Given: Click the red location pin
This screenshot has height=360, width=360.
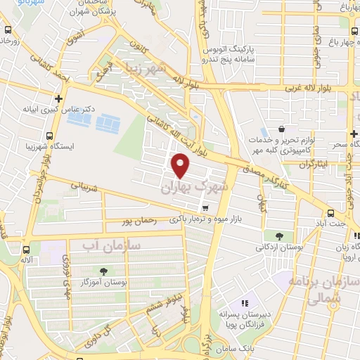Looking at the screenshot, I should click(181, 166).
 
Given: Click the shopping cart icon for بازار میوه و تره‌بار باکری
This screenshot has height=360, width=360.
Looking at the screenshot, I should click(205, 207).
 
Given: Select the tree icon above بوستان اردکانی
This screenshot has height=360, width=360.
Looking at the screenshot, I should click(279, 236).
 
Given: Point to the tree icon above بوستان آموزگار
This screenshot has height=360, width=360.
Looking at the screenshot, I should click(104, 271).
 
